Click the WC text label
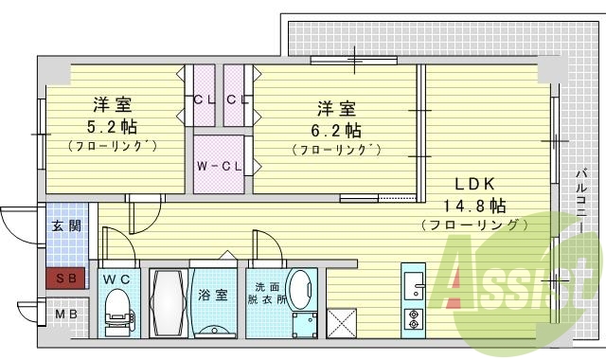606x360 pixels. [x=116, y=279]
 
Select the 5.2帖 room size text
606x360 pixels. [x=112, y=124]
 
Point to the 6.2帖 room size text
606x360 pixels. [x=337, y=129]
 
